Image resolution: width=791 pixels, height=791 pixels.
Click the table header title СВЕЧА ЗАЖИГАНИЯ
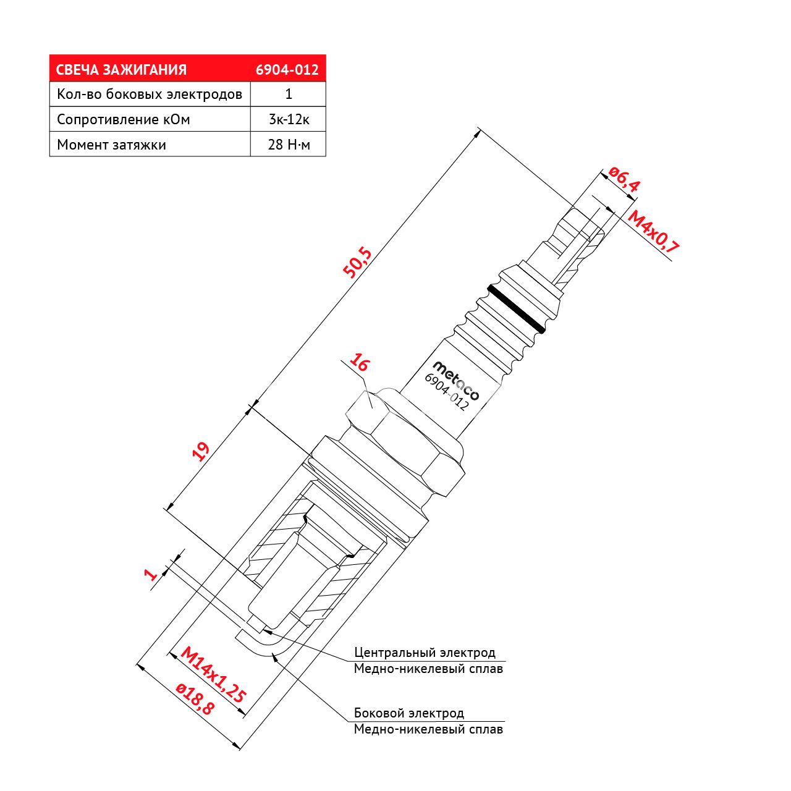(121, 70)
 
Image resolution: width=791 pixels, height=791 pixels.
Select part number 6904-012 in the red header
(287, 70)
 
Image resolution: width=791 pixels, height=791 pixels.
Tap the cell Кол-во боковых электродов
(150, 94)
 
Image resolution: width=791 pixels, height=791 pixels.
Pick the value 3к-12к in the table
(289, 119)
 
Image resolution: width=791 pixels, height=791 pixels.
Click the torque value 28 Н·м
(289, 145)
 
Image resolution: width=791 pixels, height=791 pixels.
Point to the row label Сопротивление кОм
(123, 119)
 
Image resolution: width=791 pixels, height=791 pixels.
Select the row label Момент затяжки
(111, 145)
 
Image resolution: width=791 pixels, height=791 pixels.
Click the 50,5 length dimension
(357, 263)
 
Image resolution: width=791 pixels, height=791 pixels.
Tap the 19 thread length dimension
(201, 452)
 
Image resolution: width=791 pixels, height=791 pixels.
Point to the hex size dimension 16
(360, 363)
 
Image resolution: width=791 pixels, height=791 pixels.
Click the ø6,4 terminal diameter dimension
(624, 179)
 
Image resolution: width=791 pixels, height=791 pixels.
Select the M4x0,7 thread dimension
(653, 231)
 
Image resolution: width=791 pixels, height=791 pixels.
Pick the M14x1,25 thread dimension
(213, 674)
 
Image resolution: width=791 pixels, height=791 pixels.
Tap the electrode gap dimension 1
(151, 573)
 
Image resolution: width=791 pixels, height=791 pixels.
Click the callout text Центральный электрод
(425, 652)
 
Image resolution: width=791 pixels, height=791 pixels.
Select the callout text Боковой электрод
(409, 713)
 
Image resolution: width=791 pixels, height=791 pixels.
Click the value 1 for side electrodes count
(289, 94)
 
